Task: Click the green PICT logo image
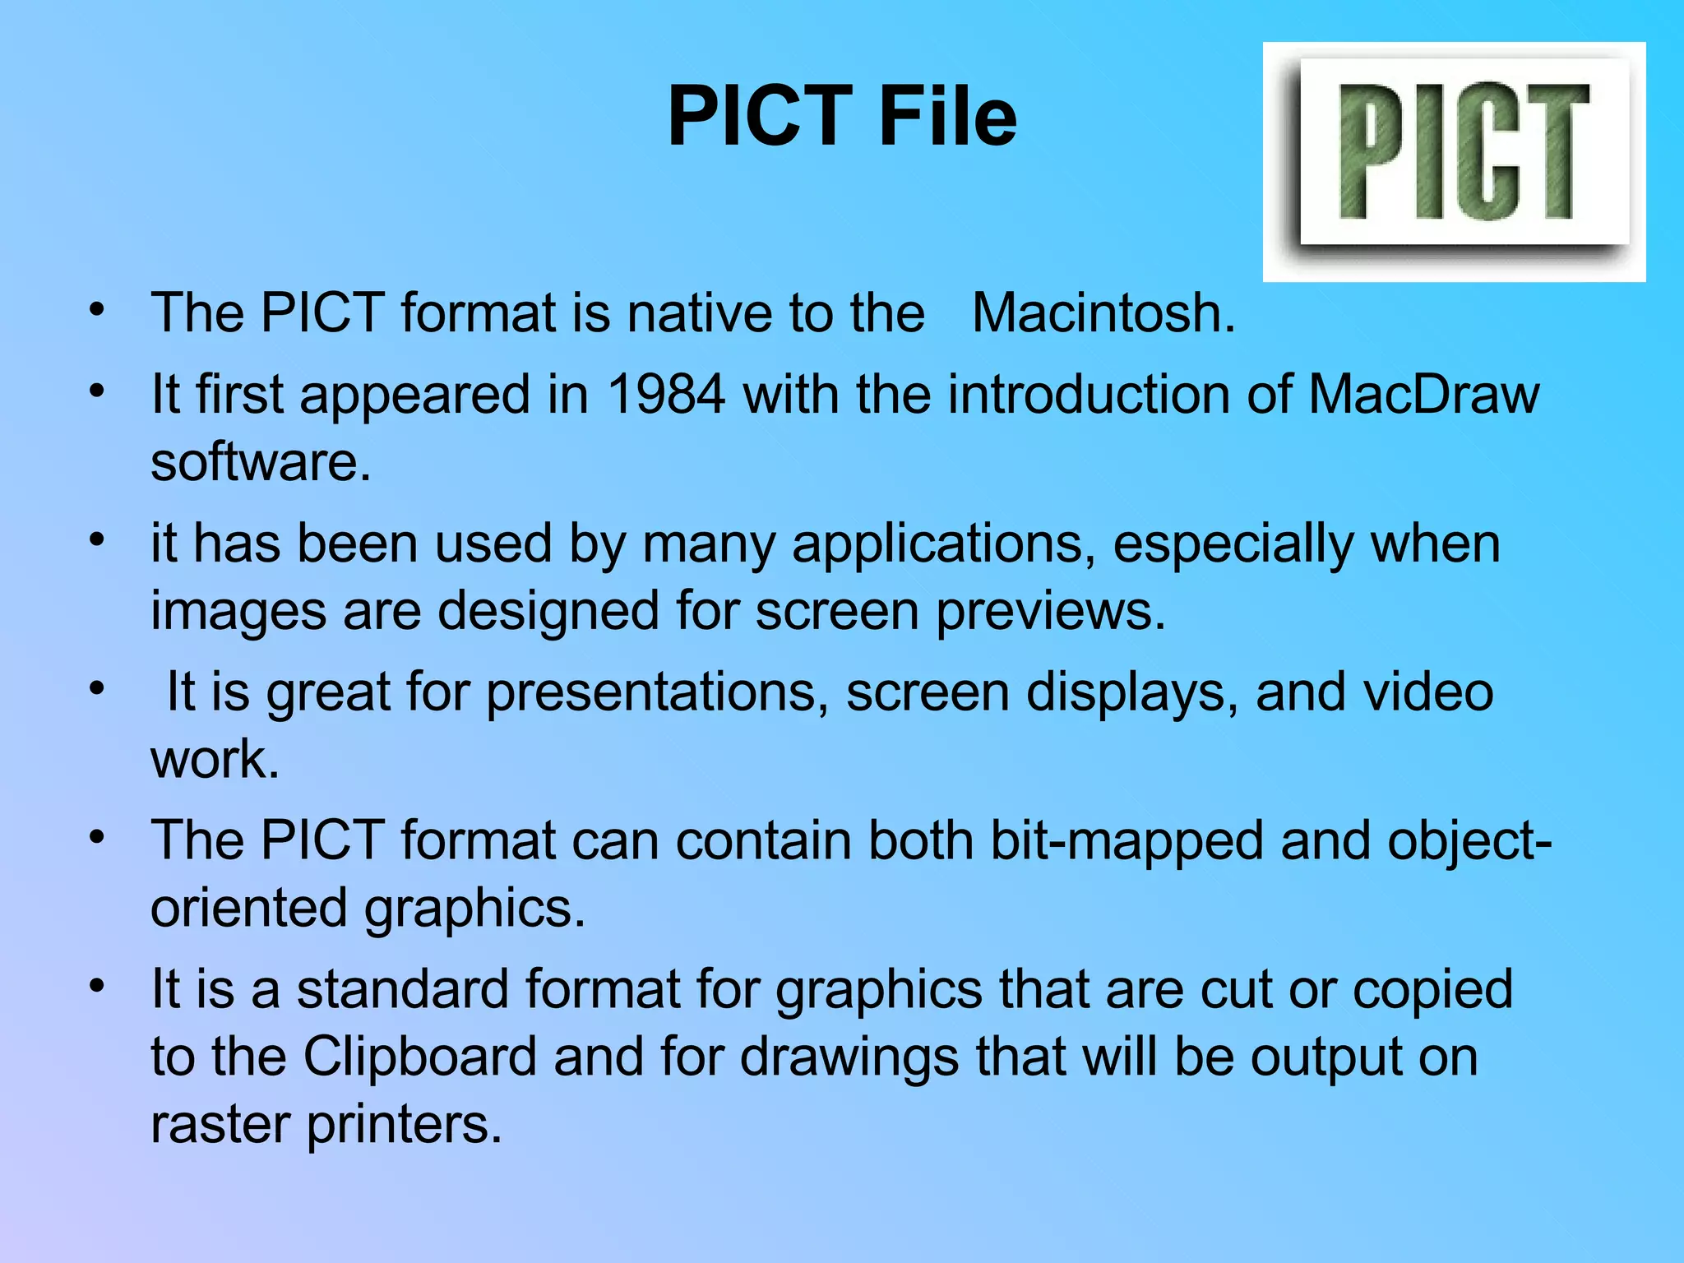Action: click(1454, 161)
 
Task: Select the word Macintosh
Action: click(1103, 313)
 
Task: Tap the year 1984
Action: click(666, 394)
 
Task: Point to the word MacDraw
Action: click(1423, 394)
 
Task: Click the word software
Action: click(261, 462)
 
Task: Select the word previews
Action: click(1051, 611)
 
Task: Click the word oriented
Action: click(249, 908)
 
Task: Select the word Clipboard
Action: click(419, 1057)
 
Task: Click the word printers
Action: click(404, 1124)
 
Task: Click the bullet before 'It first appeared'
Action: click(98, 390)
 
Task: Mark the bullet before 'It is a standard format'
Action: click(98, 985)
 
